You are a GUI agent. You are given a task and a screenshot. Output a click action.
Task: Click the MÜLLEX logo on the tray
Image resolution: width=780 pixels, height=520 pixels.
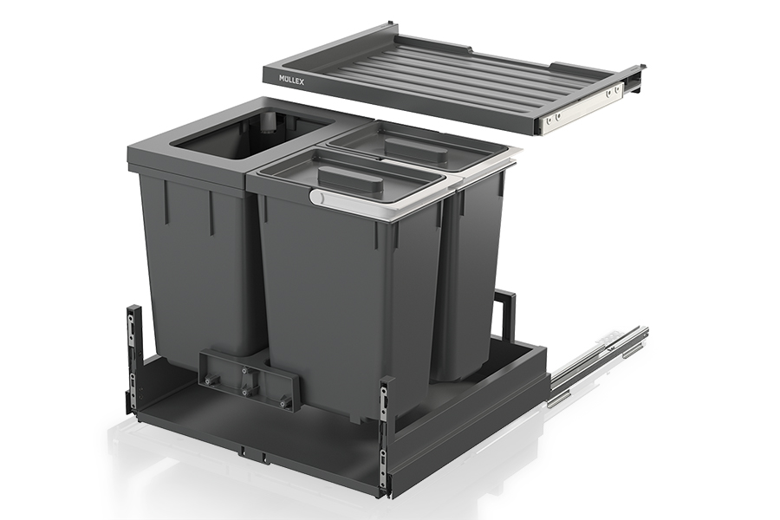290,80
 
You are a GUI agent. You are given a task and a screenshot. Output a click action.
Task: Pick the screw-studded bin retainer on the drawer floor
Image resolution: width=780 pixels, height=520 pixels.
249,378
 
